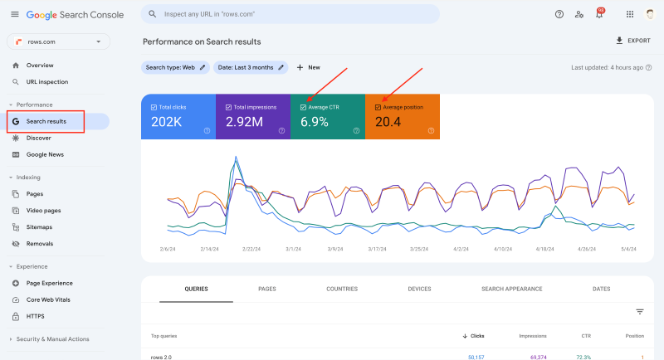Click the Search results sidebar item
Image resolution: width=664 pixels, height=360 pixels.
46,121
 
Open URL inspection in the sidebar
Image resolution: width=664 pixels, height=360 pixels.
46,82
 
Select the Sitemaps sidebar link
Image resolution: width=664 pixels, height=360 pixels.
39,226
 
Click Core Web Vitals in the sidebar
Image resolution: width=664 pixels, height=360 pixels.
50,299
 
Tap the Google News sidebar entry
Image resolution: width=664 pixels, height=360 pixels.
45,154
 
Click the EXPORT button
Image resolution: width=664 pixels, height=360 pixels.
632,41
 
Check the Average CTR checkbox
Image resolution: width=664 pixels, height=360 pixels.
304,107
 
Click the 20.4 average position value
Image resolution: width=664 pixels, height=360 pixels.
388,123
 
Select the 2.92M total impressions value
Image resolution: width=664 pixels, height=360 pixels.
245,123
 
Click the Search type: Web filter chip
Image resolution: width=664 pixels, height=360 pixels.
175,67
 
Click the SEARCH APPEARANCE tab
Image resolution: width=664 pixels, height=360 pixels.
511,289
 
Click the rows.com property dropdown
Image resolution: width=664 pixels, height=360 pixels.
58,41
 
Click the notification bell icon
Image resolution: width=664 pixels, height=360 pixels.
599,14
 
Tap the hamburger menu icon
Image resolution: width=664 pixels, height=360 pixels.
14,14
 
